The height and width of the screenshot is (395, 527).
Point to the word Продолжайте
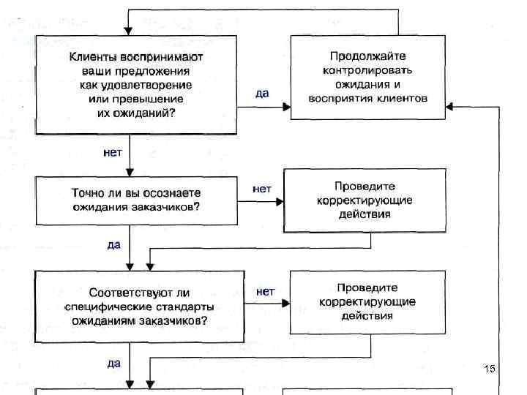367,56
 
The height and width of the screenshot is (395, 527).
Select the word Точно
86,193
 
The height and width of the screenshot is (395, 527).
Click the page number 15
490,369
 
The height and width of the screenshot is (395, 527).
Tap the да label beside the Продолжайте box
262,94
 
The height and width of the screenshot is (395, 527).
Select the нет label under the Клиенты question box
112,153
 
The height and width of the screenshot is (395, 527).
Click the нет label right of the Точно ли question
261,189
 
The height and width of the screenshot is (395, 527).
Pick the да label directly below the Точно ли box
113,245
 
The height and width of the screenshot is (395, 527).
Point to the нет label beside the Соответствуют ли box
265,291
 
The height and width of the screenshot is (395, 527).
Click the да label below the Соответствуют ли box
113,362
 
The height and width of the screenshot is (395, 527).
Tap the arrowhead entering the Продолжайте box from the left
286,107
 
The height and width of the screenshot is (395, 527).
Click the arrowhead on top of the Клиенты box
130,31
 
